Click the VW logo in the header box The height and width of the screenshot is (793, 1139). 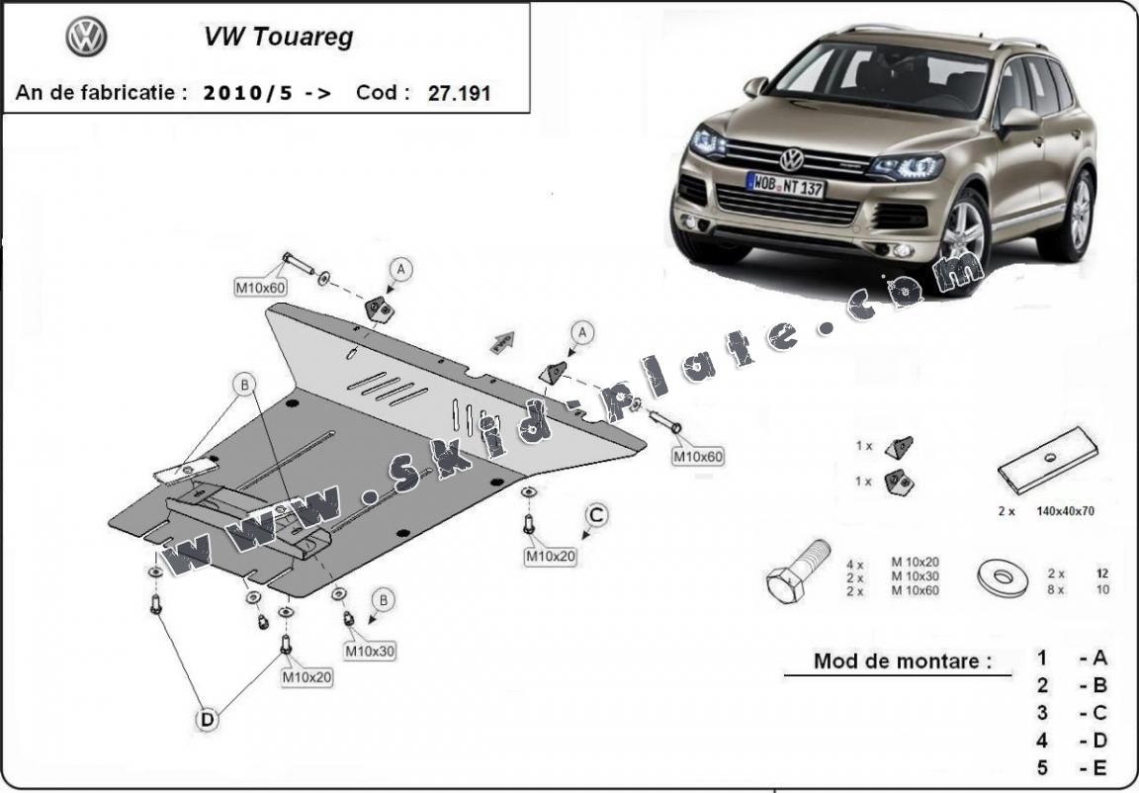(86, 38)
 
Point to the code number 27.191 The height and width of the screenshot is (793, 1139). (460, 94)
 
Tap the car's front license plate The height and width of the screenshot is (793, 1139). (786, 184)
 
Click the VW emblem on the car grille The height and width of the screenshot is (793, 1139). (792, 159)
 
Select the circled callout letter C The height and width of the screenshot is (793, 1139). (596, 515)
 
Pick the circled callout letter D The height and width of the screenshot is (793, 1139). (208, 721)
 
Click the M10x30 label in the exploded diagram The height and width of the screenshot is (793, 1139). (370, 652)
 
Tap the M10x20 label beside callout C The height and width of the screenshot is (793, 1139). (551, 557)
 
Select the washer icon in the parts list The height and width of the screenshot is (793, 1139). (1002, 575)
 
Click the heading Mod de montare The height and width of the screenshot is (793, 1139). (901, 661)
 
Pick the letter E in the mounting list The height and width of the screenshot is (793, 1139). (1098, 767)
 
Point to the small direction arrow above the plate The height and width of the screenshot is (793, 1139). (502, 341)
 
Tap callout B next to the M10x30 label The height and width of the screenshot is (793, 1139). (383, 599)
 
